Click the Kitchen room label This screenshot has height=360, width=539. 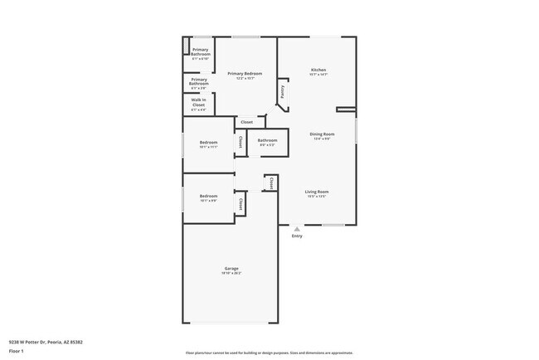click(318, 69)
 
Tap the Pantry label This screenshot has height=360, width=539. click(283, 93)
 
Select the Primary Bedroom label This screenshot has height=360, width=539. click(245, 74)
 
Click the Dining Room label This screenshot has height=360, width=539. click(322, 134)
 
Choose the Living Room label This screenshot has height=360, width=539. click(317, 192)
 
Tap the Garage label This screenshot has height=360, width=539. click(231, 267)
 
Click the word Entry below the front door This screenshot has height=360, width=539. click(297, 236)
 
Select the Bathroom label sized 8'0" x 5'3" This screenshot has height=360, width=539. click(267, 140)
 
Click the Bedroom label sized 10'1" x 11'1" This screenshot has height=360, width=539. click(208, 142)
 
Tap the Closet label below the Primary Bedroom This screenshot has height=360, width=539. click(247, 122)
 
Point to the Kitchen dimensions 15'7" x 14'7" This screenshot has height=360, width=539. click(318, 75)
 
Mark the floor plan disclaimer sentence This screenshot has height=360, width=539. click(269, 353)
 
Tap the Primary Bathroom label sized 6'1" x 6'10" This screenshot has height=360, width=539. click(200, 54)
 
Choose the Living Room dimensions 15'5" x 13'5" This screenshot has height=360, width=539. click(317, 197)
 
